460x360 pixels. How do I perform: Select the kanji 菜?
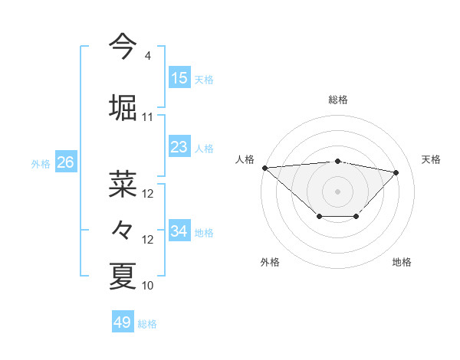(x=123, y=183)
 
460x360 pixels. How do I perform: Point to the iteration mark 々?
(x=123, y=229)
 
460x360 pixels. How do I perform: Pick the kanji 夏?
(x=123, y=275)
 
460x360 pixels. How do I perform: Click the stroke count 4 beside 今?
(x=147, y=56)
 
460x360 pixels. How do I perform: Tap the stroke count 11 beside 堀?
(x=148, y=117)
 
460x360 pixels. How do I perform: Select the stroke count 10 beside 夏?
(x=148, y=286)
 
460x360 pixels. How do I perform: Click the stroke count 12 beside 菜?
(x=148, y=194)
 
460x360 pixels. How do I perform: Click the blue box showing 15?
(x=179, y=78)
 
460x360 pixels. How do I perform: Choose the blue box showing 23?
(x=179, y=147)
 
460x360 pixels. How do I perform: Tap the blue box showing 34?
(x=179, y=231)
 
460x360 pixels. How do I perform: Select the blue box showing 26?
(x=65, y=162)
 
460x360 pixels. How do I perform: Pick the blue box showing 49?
(x=123, y=322)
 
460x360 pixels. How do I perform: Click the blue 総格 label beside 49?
(x=148, y=324)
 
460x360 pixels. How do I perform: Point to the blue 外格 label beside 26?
(x=41, y=164)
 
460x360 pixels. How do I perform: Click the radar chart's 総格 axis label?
(x=337, y=100)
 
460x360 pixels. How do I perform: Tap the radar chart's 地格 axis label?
(x=402, y=262)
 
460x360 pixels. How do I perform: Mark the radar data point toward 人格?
(x=264, y=167)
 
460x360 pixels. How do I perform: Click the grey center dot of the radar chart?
(x=337, y=191)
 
